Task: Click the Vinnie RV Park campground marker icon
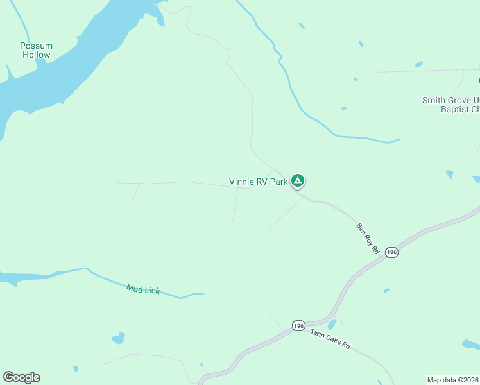(298, 180)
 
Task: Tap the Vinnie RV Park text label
(259, 182)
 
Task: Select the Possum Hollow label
(36, 50)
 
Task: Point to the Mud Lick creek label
(142, 289)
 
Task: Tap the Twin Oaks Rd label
(330, 339)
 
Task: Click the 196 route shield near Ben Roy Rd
(392, 253)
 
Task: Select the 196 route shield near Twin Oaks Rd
(298, 326)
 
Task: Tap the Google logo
(21, 377)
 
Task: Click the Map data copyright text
(452, 380)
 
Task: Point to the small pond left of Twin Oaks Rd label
(332, 325)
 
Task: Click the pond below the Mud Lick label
(118, 338)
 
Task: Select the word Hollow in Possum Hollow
(36, 55)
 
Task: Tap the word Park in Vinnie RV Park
(279, 182)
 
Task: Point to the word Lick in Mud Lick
(151, 291)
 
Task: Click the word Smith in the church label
(433, 100)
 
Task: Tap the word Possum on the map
(36, 46)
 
